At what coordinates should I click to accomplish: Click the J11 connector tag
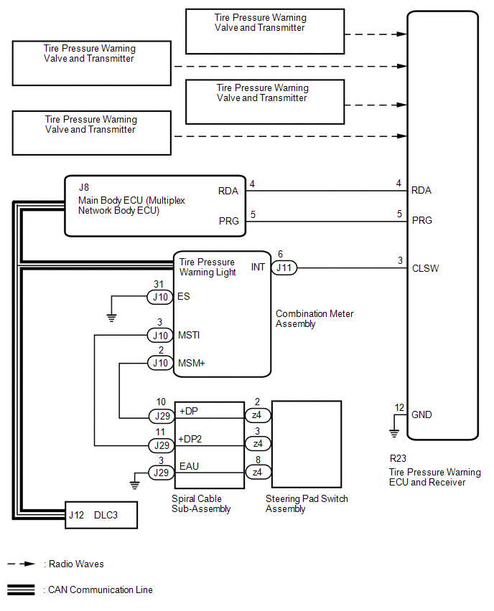coord(284,269)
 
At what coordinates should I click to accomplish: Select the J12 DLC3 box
coord(101,514)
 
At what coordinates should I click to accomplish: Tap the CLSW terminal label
coord(425,269)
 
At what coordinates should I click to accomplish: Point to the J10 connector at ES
coord(159,296)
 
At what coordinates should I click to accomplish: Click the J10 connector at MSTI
coord(159,335)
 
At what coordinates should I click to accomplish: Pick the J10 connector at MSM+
coord(159,363)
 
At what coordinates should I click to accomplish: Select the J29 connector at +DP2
coord(159,445)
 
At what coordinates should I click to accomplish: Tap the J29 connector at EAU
coord(159,473)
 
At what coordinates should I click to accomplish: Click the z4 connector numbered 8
coord(256,473)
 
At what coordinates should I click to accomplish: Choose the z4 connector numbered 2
coord(256,416)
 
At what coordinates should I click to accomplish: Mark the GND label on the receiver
coord(422,415)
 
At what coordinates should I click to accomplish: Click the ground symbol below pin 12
coord(394,432)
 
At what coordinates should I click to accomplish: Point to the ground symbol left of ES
coord(111,316)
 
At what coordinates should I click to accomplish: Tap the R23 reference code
coord(397,458)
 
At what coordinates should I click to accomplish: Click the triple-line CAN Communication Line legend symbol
coord(22,590)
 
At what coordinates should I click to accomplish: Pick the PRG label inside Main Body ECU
coord(229,221)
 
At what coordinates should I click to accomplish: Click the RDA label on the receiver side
coord(422,191)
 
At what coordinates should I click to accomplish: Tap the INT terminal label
coord(258,267)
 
